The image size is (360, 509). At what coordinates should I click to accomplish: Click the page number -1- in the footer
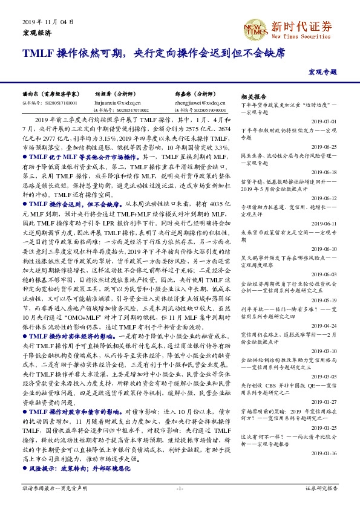pyautogui.click(x=180, y=487)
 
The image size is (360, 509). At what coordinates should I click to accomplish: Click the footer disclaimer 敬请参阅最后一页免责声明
pyautogui.click(x=51, y=487)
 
